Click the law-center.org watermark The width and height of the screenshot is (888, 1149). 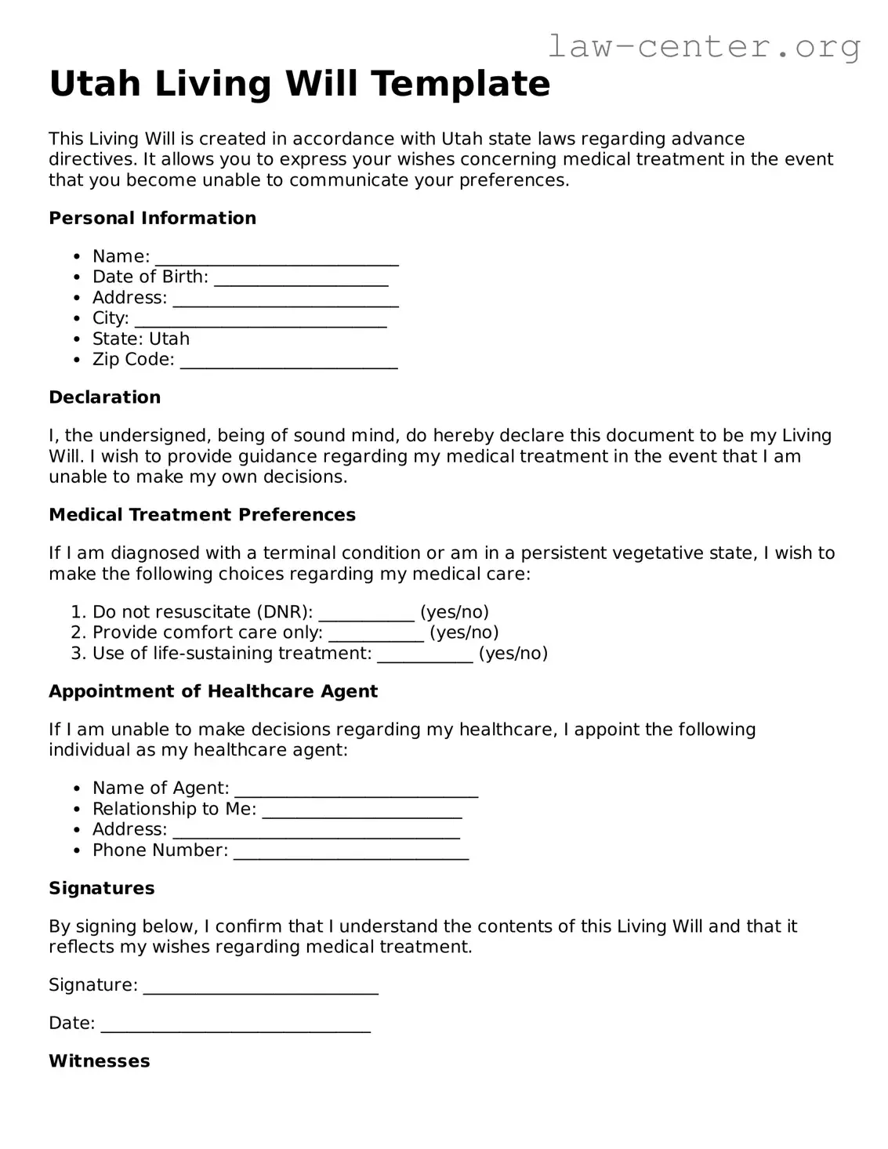[703, 46]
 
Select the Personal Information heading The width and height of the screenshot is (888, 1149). [152, 218]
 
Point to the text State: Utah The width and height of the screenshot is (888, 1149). [141, 339]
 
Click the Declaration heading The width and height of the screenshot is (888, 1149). [104, 397]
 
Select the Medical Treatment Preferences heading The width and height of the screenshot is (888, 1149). [201, 515]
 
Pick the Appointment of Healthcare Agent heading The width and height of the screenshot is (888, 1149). [212, 691]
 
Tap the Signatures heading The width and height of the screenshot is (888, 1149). [101, 888]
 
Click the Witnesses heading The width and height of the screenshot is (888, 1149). [99, 1061]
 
